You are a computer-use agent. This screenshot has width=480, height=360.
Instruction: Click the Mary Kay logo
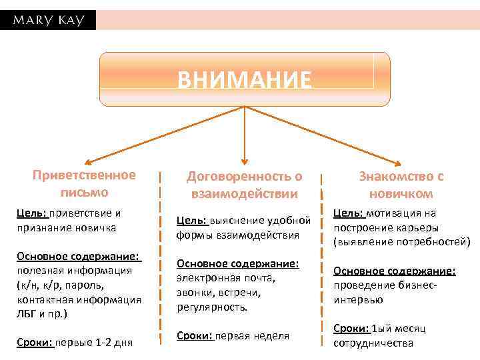(x=47, y=20)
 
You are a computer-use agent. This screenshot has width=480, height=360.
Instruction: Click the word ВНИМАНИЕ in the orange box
(x=244, y=80)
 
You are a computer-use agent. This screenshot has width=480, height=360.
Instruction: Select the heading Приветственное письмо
(x=84, y=183)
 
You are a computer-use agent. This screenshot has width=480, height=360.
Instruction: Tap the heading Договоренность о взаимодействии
(x=244, y=185)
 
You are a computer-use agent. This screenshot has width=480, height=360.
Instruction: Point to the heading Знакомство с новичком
(x=401, y=185)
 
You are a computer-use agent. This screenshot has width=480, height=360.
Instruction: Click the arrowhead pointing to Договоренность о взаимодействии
(x=245, y=161)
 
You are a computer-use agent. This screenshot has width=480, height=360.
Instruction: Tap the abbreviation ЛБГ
(x=26, y=313)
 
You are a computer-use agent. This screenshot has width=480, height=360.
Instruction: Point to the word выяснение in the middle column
(x=239, y=221)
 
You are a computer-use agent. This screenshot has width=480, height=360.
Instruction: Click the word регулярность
(x=212, y=307)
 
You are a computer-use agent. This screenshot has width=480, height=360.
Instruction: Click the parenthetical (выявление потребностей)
(x=402, y=241)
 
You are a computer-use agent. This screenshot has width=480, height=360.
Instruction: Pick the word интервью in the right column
(x=358, y=300)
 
